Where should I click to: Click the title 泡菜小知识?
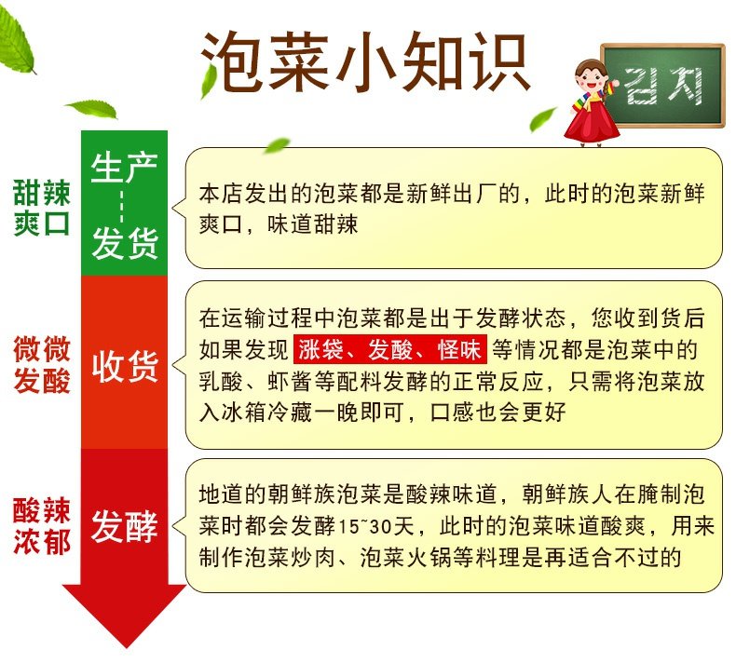365,61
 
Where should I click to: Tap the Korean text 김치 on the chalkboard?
663,86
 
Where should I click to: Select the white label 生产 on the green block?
124,168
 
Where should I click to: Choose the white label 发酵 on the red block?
125,526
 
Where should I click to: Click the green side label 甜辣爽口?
42,207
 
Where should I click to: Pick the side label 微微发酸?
42,364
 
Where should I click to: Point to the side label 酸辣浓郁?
42,526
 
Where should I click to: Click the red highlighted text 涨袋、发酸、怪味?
390,349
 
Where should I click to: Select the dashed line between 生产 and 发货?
121,206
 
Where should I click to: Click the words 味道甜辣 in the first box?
313,224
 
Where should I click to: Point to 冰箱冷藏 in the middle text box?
267,413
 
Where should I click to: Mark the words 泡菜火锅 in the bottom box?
405,558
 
